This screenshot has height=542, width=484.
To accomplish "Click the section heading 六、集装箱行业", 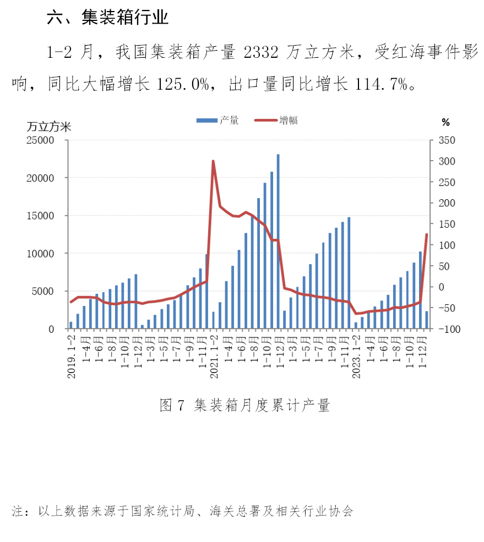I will tap(108, 18).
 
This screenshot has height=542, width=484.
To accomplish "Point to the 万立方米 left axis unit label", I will tap(49, 126).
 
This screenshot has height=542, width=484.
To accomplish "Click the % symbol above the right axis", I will tap(445, 122).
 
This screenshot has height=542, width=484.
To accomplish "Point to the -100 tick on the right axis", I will tap(447, 329).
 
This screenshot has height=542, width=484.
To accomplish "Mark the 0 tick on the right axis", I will tap(441, 287).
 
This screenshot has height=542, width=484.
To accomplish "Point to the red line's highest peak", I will tap(213, 161).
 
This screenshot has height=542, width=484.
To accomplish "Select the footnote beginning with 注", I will tap(182, 511).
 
